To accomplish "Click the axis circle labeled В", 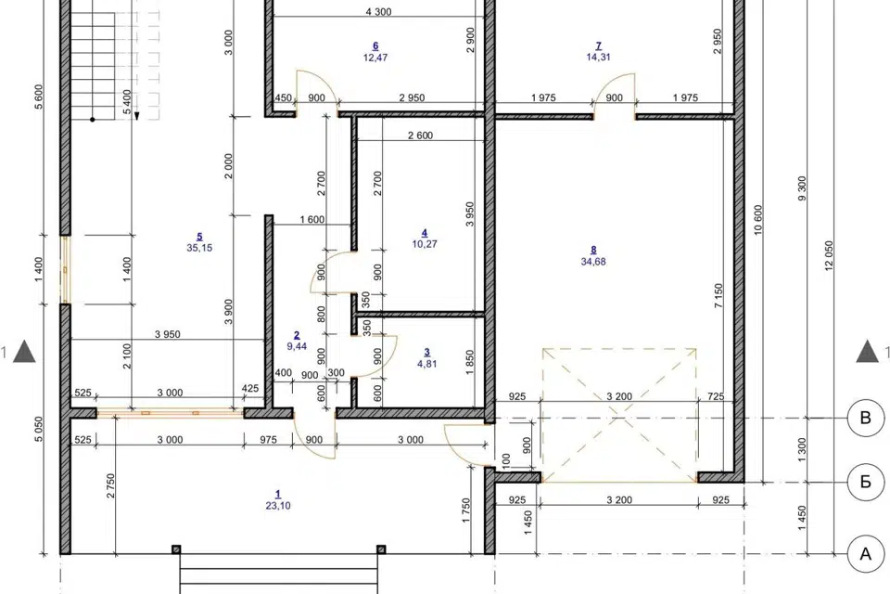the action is pos(866,418).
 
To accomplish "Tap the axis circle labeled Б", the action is pos(866,482).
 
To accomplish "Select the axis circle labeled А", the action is pos(866,554).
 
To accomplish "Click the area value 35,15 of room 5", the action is pos(199,248).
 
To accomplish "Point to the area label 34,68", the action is pos(593,262).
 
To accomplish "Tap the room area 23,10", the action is pos(277,505).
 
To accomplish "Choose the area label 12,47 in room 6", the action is pos(375,58).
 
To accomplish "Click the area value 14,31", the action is pos(598,57).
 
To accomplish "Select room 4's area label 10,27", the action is pos(425,244).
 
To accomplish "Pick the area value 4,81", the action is pos(426,364).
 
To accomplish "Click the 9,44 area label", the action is pos(297,346).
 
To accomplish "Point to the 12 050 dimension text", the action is pos(829,256).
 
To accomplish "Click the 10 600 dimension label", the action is pos(759,220).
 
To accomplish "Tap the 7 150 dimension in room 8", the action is pos(718,296).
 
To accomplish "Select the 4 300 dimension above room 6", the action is pos(378,11).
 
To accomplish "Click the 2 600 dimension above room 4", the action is pos(420,136).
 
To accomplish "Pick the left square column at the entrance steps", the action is pos(176,549).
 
